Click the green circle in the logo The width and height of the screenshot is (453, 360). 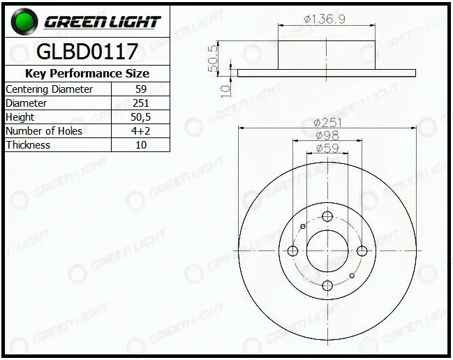pos(24,22)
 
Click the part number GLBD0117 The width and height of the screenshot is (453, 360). pos(87,52)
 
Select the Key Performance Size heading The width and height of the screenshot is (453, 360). pos(87,73)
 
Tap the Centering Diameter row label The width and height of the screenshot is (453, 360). pos(49,89)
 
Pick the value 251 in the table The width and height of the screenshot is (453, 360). pos(141,103)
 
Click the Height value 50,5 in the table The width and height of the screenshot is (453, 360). pos(141,117)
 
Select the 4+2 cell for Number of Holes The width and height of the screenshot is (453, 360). pos(141,130)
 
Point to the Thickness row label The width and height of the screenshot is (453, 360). pos(28,144)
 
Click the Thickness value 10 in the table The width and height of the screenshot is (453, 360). pos(141,144)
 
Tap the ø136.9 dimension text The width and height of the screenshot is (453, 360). pos(325,19)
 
